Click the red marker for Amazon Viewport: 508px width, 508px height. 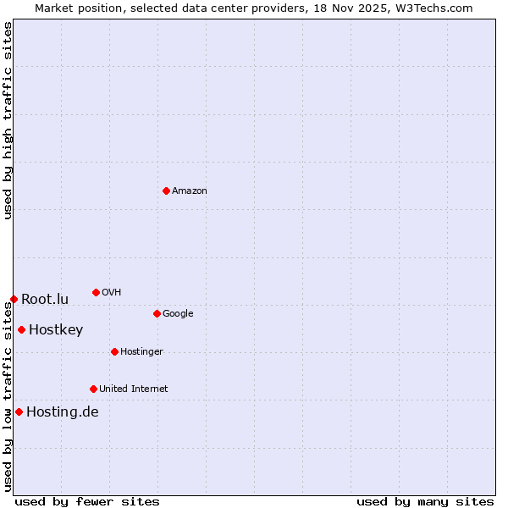point(166,190)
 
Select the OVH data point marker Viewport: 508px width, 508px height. point(96,292)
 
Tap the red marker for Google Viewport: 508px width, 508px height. point(157,313)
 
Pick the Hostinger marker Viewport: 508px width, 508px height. point(114,351)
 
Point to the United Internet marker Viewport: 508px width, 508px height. point(93,389)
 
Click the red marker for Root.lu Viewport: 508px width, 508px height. point(14,299)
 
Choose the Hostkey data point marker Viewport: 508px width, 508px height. point(21,329)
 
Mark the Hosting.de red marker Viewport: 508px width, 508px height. point(19,411)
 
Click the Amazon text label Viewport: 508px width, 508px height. point(190,191)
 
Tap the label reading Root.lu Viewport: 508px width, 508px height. point(45,299)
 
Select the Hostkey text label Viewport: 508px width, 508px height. point(56,330)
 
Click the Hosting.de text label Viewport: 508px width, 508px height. point(63,412)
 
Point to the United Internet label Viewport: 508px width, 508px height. point(134,389)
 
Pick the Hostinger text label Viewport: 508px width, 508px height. point(141,352)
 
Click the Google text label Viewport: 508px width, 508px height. point(178,314)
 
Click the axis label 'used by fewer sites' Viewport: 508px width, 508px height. point(87,501)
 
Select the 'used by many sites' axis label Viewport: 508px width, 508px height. point(425,501)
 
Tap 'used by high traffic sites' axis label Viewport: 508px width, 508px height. point(8,120)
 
